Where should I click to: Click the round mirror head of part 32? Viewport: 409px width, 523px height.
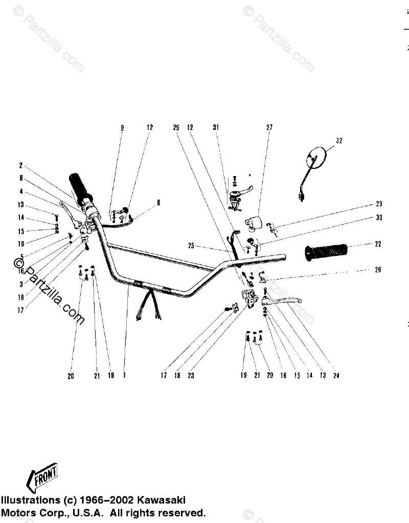click(x=316, y=157)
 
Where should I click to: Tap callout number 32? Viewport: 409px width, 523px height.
click(x=338, y=140)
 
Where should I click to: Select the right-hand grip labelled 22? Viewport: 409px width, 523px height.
click(x=326, y=251)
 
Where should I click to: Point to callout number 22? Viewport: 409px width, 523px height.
click(x=378, y=244)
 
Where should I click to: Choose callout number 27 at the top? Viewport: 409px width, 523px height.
click(x=269, y=127)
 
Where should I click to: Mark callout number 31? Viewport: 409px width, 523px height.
click(x=216, y=127)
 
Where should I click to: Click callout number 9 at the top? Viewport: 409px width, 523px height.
click(x=122, y=127)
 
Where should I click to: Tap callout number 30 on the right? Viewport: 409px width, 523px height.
click(x=379, y=217)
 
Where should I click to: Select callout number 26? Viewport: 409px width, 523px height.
click(x=378, y=270)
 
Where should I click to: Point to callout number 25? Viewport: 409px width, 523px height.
click(x=191, y=246)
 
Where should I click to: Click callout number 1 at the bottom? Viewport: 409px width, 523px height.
click(x=124, y=375)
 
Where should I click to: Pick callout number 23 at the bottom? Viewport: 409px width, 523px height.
click(x=191, y=375)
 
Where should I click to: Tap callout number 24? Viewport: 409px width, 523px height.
click(x=336, y=375)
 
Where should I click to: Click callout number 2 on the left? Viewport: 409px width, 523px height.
click(x=21, y=165)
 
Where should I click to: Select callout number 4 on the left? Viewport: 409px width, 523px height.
click(x=21, y=191)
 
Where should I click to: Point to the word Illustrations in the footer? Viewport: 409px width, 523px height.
click(x=30, y=500)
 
